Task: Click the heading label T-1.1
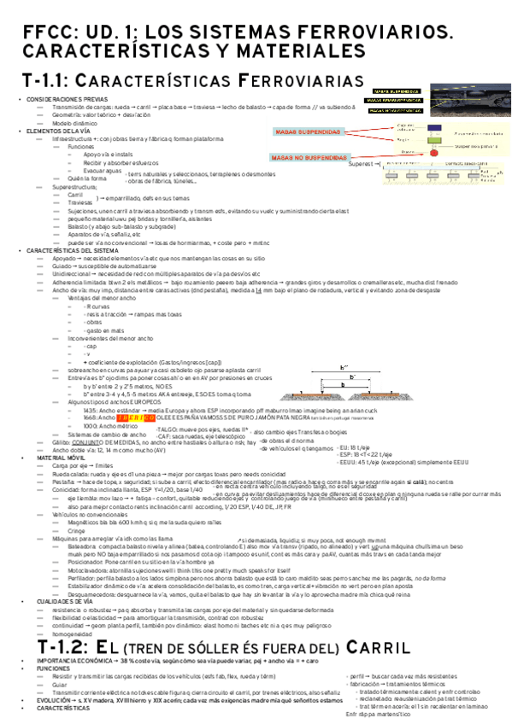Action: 45,80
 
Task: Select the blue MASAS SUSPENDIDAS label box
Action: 309,132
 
